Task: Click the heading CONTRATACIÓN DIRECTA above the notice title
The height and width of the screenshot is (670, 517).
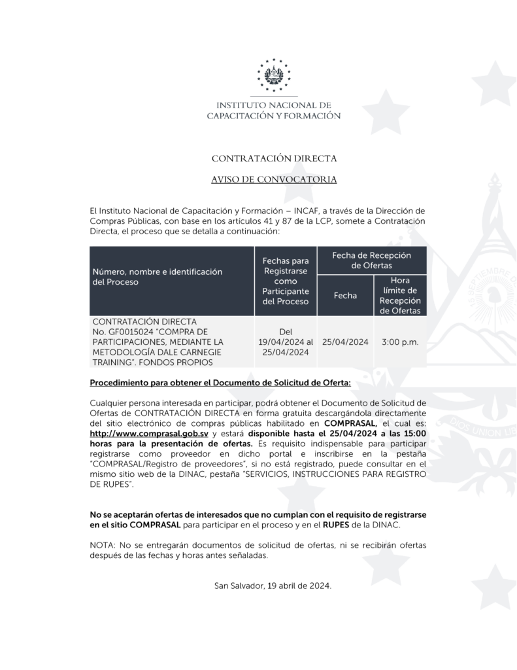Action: coord(274,158)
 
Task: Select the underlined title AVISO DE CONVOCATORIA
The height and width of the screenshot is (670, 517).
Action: coord(274,179)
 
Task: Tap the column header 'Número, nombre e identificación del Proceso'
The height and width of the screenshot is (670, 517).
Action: coord(157,276)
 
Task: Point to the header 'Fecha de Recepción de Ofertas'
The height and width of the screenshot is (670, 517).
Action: coord(371,260)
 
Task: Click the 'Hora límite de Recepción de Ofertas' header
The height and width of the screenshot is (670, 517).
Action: coord(400,295)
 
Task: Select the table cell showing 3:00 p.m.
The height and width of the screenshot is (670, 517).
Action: coord(400,342)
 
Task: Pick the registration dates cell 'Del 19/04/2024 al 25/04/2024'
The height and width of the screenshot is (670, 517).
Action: coord(286,342)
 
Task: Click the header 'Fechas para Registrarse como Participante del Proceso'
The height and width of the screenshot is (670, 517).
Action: coord(285,281)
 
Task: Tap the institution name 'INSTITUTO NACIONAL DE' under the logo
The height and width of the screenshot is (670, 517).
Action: coord(274,105)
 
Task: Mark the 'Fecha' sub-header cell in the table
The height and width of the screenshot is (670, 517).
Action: coord(345,295)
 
